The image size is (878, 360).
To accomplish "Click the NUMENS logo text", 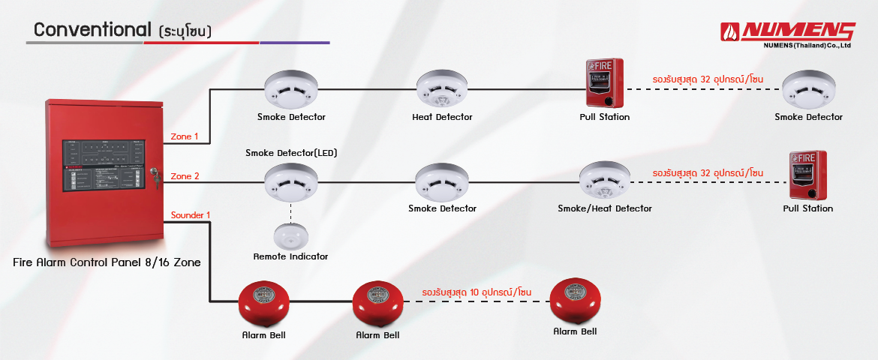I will [798, 31].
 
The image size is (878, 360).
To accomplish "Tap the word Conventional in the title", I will [93, 30].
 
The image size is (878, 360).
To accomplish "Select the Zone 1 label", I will [185, 136].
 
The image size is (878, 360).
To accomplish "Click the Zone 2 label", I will [185, 176].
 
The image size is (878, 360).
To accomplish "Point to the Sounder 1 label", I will [191, 215].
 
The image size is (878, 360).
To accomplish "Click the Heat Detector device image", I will [442, 89].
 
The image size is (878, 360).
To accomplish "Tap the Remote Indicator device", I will [290, 236].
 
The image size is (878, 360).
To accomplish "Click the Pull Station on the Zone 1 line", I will [604, 82].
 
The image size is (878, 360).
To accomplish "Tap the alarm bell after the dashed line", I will [576, 301].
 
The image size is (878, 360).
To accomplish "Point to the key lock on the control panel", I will [155, 175].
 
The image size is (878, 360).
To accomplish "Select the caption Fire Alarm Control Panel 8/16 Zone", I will [107, 263].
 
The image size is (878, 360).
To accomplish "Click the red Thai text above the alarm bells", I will [477, 291].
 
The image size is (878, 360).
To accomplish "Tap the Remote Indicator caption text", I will [290, 256].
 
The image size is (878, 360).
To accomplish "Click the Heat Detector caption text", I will [442, 117].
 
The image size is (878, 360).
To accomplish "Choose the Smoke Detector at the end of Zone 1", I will [808, 91].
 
